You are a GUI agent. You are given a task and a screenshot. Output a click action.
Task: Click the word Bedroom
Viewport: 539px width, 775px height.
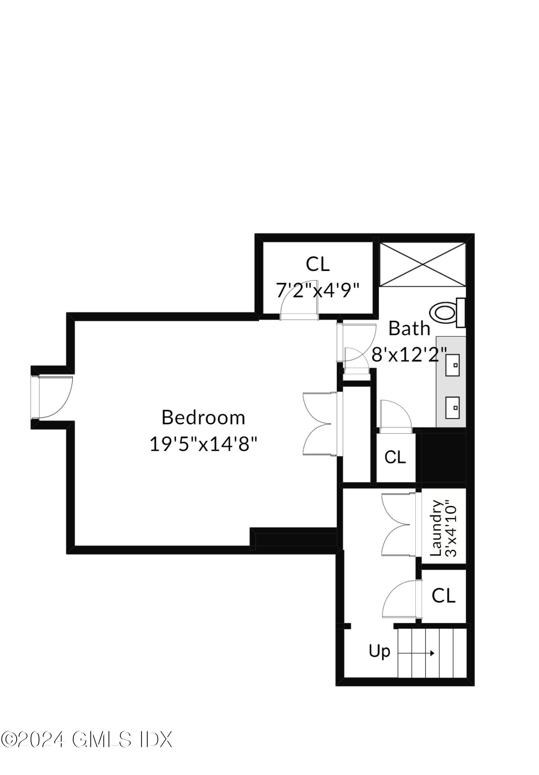point(203,418)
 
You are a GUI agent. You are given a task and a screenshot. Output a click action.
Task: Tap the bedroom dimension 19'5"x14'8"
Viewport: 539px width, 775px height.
point(203,444)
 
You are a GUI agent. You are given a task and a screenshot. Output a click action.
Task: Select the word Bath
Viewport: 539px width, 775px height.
point(409,329)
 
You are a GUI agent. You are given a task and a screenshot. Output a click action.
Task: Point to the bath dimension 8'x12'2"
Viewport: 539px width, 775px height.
point(409,354)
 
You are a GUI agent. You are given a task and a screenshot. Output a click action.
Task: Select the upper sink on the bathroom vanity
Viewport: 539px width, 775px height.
point(452,365)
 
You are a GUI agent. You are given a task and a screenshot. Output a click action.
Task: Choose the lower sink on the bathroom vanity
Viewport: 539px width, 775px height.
point(452,408)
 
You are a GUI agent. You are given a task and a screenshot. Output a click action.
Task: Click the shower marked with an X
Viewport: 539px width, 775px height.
point(422,265)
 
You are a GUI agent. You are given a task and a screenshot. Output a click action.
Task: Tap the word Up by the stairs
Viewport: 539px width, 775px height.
point(379,651)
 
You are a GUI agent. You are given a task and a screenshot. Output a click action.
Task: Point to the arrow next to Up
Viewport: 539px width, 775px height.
point(416,653)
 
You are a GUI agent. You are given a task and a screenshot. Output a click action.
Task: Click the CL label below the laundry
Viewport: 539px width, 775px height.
point(443,596)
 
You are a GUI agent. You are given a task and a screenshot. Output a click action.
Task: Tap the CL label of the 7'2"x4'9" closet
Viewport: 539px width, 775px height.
point(317,264)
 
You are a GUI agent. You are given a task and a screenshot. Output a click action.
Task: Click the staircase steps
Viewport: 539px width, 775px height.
point(432,653)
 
